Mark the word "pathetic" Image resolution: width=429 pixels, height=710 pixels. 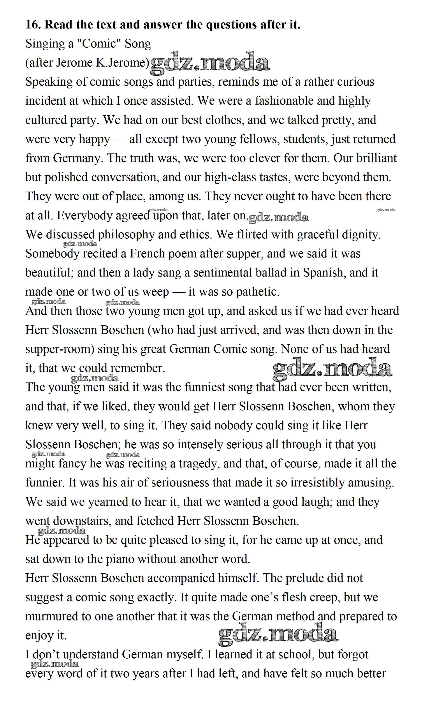(x=258, y=292)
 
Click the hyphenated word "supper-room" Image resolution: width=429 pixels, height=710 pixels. (x=60, y=349)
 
